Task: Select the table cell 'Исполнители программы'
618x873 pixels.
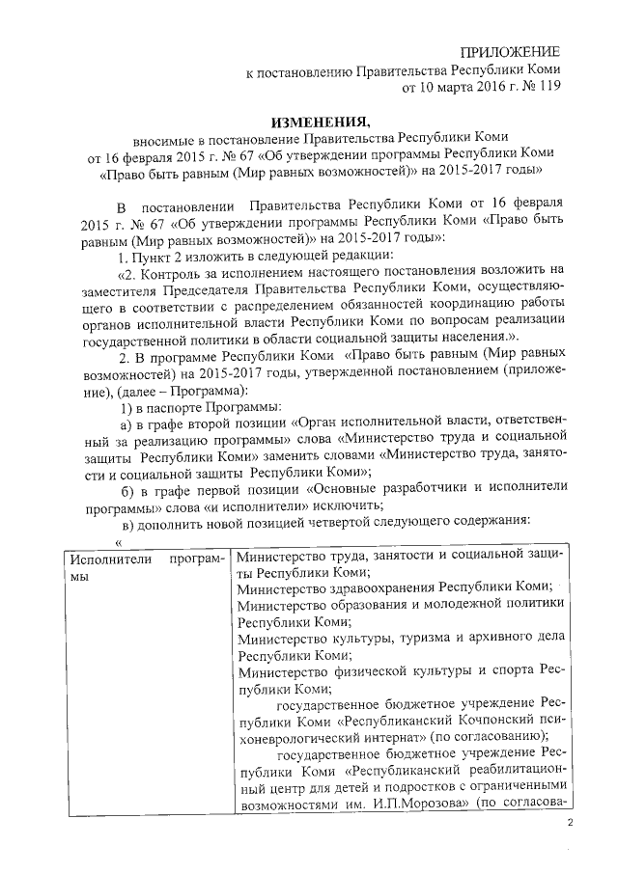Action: [x=140, y=567]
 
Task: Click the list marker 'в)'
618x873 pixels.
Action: [x=126, y=522]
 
